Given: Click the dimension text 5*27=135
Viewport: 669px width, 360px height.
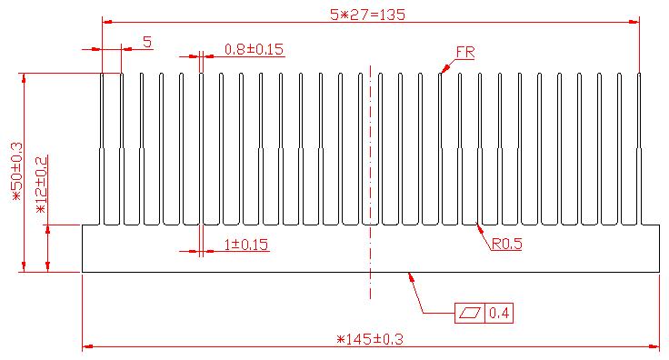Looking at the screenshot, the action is pos(367,15).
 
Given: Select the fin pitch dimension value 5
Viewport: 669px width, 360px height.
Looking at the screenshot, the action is pos(147,42).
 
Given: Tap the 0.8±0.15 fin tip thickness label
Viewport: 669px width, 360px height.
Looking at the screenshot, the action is pos(254,49).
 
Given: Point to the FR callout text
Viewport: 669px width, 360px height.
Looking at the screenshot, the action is pos(465,53).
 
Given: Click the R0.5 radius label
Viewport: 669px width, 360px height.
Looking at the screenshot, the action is pos(507,244).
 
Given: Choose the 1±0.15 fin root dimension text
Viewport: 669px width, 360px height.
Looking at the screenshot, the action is pos(246,245).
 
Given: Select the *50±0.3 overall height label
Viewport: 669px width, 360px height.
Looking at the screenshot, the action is pos(17,172).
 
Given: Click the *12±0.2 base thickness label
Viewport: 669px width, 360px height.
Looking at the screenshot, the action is pos(42,185).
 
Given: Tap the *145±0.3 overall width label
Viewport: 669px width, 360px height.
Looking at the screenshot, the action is pos(369,340).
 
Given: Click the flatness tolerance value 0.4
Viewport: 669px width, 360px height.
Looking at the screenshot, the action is pos(499,314).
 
